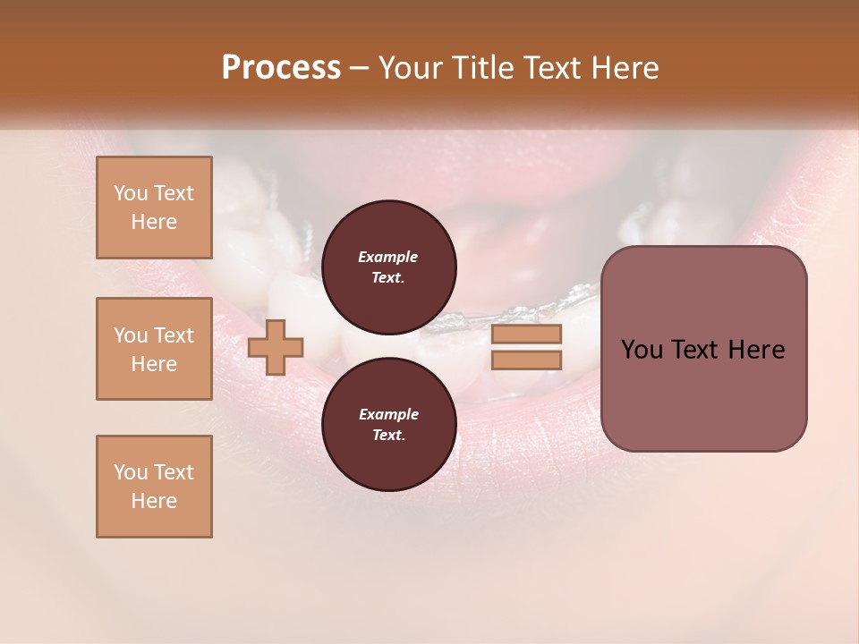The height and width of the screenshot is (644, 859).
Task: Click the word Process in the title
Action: pyautogui.click(x=281, y=68)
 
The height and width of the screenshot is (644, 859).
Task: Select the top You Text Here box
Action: pyautogui.click(x=154, y=208)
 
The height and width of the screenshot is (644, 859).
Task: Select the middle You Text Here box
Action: pyautogui.click(x=154, y=349)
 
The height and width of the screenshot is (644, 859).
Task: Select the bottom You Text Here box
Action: pyautogui.click(x=154, y=487)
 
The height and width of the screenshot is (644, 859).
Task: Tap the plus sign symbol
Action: pyautogui.click(x=276, y=347)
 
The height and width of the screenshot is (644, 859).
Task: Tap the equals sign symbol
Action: pyautogui.click(x=526, y=347)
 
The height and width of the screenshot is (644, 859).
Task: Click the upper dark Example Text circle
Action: pyautogui.click(x=388, y=267)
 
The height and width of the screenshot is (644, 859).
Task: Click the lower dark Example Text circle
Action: pyautogui.click(x=388, y=424)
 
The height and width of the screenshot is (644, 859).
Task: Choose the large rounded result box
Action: pyautogui.click(x=703, y=349)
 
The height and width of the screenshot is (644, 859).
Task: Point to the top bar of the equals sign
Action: pyautogui.click(x=526, y=335)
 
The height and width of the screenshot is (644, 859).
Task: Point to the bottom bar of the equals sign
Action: pyautogui.click(x=526, y=360)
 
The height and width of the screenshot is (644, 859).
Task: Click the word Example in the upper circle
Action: pyautogui.click(x=388, y=257)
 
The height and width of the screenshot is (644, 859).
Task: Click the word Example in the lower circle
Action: pyautogui.click(x=388, y=414)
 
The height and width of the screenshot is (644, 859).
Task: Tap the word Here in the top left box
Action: pyautogui.click(x=154, y=222)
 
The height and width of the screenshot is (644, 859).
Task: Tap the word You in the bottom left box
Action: pyautogui.click(x=131, y=472)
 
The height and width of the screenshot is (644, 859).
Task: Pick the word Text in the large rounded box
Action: pyautogui.click(x=694, y=350)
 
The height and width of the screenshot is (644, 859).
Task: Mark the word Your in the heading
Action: pyautogui.click(x=406, y=68)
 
